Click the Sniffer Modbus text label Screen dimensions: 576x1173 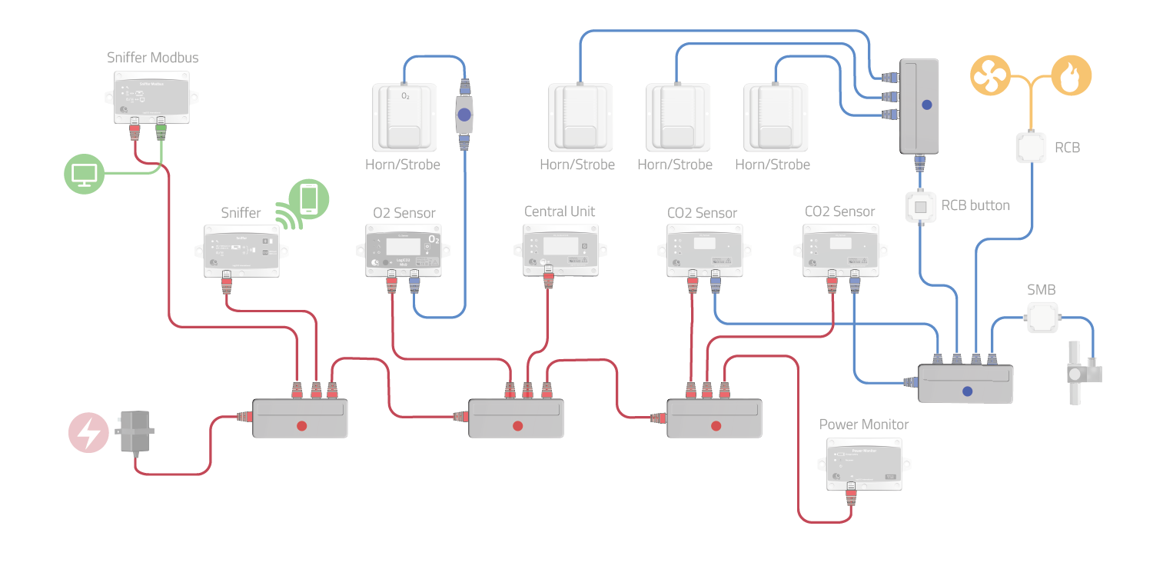pos(152,58)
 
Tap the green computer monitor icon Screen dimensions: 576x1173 pos(83,175)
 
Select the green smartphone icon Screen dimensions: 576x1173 pos(308,198)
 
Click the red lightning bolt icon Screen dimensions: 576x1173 pos(89,432)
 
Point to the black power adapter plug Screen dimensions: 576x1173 pos(136,432)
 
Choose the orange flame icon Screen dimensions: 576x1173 pos(1071,75)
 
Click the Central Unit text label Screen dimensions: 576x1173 pos(560,211)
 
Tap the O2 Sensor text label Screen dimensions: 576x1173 pos(404,213)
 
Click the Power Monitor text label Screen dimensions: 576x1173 pos(864,425)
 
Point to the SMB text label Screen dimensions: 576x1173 pos(1041,290)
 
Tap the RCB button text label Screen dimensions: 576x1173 pos(975,205)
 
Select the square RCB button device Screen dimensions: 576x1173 pos(919,207)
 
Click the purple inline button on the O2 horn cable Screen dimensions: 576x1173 pos(464,116)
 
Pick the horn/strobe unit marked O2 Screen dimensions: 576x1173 pos(405,117)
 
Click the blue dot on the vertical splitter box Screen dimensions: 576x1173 pos(926,105)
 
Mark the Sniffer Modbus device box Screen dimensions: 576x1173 pos(151,97)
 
